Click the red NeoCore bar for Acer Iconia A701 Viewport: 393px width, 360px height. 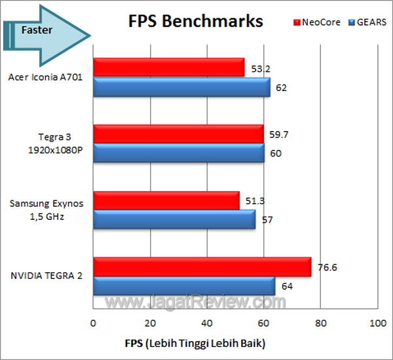coord(169,67)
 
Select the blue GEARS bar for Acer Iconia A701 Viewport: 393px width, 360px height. coord(181,86)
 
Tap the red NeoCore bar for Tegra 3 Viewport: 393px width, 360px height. coord(178,134)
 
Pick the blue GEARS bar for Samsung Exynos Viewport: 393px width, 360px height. coord(174,220)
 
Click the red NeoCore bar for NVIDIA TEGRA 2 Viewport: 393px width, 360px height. coord(202,267)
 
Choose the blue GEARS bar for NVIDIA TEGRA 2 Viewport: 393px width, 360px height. coord(184,287)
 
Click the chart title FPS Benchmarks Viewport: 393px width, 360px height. coord(195,21)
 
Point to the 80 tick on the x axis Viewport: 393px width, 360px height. coord(321,323)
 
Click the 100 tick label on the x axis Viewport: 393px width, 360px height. coord(377,323)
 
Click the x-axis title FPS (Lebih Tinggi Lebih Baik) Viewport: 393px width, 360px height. coord(196,343)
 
